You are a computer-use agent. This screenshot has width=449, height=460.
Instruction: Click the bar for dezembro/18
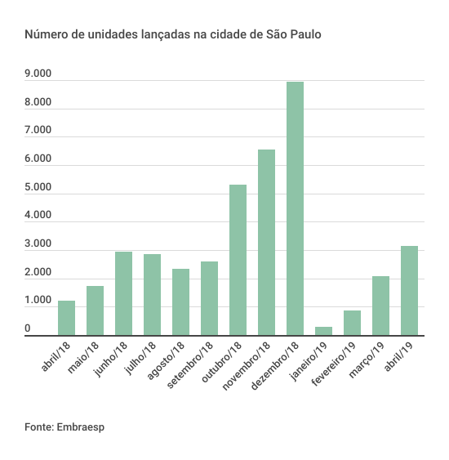tap(295, 208)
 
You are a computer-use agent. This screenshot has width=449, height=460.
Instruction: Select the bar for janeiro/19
tap(323, 331)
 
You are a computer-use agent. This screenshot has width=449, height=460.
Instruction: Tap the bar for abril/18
tap(66, 318)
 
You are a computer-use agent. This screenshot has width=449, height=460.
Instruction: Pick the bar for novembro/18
tap(266, 243)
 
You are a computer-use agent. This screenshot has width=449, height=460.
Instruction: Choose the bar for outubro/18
tap(238, 260)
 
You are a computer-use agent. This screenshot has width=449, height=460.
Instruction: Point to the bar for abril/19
tap(409, 290)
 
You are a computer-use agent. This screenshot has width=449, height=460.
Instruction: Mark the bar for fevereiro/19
tap(353, 323)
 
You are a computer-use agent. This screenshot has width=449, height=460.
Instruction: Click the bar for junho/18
tap(124, 293)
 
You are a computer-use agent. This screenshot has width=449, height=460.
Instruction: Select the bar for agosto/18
tap(181, 301)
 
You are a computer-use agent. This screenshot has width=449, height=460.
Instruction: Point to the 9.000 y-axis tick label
tap(38, 74)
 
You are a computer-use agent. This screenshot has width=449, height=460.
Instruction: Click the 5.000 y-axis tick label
tap(38, 187)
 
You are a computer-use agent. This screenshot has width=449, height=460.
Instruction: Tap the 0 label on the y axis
tap(28, 328)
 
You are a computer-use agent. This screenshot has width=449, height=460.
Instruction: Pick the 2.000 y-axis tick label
tap(38, 272)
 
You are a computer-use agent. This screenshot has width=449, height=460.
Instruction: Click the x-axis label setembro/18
tap(190, 365)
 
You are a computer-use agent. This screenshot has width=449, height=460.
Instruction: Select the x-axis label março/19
tap(367, 360)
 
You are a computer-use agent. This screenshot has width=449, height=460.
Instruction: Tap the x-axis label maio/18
tap(83, 357)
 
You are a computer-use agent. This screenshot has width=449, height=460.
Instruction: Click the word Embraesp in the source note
tap(80, 427)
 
